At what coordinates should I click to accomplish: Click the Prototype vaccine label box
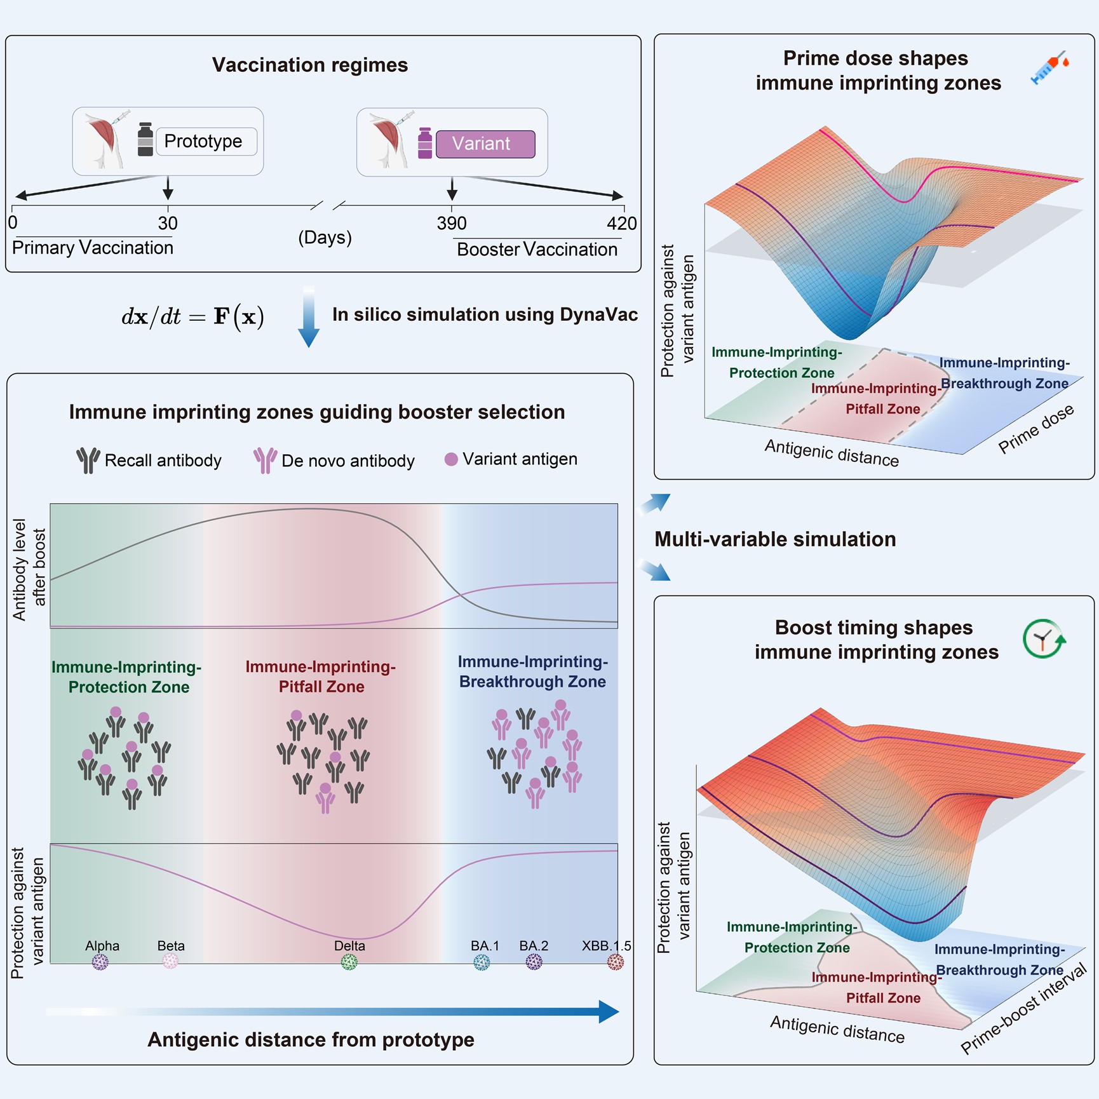pyautogui.click(x=206, y=141)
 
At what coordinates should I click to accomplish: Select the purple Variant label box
pyautogui.click(x=485, y=144)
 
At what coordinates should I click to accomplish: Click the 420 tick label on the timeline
pyautogui.click(x=622, y=223)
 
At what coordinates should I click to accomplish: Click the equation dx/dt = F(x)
pyautogui.click(x=192, y=316)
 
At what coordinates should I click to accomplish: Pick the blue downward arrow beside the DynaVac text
pyautogui.click(x=309, y=316)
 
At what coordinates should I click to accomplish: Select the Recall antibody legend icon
pyautogui.click(x=88, y=461)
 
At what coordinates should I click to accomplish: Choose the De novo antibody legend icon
pyautogui.click(x=265, y=461)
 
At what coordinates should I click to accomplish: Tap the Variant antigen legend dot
pyautogui.click(x=451, y=459)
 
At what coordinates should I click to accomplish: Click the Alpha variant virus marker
pyautogui.click(x=100, y=962)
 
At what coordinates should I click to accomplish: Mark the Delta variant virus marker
pyautogui.click(x=349, y=962)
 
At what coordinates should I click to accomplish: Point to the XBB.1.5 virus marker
pyautogui.click(x=616, y=962)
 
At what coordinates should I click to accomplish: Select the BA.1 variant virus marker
pyautogui.click(x=482, y=962)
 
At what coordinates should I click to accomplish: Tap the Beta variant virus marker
pyautogui.click(x=170, y=962)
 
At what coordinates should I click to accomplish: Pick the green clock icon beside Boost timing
pyautogui.click(x=1044, y=639)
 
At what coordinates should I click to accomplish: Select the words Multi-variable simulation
pyautogui.click(x=775, y=539)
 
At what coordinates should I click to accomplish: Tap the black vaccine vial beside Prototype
pyautogui.click(x=145, y=140)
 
